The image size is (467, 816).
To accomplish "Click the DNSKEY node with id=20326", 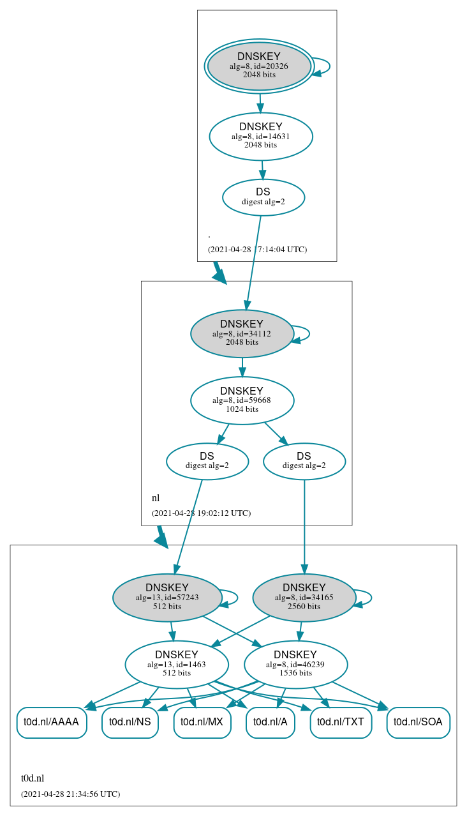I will point(258,66).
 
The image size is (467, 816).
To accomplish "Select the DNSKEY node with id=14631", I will point(260,136).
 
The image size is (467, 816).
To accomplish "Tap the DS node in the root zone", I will point(263,197).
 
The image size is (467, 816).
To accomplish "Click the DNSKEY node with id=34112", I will point(242,333).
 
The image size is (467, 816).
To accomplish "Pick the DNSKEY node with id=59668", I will point(242,400).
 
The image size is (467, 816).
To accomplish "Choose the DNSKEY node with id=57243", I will point(167,598).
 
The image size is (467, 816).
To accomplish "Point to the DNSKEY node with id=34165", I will point(304,598).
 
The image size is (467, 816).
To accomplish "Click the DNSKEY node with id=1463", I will point(177,664).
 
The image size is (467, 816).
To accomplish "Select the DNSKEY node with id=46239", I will point(295,664).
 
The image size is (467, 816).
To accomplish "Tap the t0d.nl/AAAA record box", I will point(51,722).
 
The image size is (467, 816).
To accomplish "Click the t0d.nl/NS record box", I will point(130,722).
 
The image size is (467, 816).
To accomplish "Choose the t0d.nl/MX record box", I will point(202,722).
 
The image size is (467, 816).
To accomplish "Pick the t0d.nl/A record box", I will point(270,722).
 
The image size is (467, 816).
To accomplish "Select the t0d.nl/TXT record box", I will point(341,722).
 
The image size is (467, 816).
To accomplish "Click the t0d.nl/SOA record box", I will point(418,722).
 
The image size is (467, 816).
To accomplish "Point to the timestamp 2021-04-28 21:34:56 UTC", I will point(70,794).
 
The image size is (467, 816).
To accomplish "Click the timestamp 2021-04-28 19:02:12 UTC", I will point(201,513).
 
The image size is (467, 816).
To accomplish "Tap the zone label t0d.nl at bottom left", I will point(33,778).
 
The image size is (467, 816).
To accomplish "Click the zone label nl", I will point(156,498).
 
